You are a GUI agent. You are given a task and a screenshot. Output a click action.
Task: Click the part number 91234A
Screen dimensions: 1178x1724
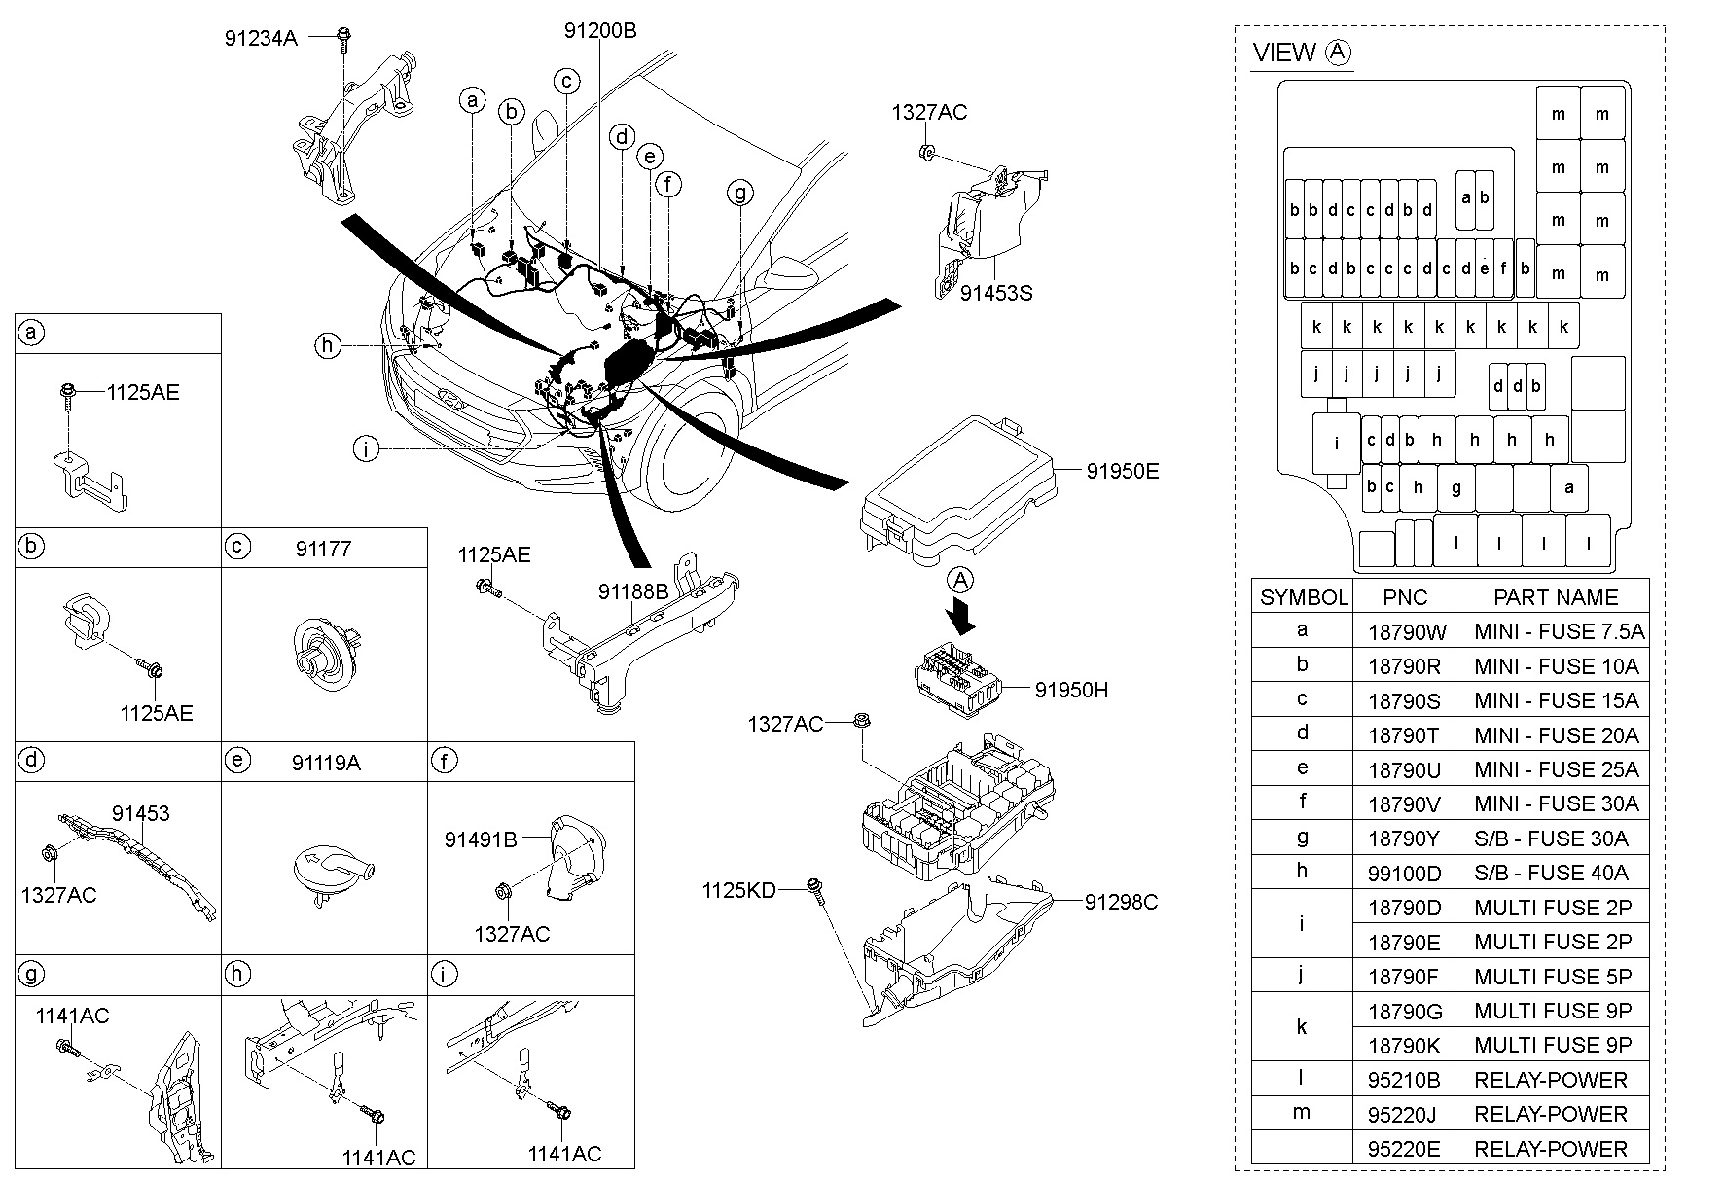260,38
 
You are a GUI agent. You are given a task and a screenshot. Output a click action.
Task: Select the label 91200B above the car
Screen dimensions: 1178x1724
599,31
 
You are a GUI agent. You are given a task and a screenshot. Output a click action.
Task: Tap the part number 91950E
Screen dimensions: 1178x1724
1122,471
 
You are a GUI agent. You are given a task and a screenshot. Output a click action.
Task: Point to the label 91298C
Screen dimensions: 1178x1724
1121,902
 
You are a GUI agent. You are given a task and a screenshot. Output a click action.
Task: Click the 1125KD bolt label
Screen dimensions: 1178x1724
738,890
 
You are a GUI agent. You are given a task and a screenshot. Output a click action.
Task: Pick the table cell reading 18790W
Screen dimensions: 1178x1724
1407,632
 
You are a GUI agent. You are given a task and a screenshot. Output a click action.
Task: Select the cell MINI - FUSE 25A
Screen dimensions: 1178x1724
1556,769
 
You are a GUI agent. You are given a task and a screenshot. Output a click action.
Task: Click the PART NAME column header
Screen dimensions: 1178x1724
1556,597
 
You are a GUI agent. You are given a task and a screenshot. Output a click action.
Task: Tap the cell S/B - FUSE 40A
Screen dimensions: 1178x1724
1551,873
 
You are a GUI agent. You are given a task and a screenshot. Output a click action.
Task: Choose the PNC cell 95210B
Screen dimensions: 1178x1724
1404,1080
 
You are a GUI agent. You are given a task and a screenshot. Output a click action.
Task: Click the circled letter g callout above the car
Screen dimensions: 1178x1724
740,194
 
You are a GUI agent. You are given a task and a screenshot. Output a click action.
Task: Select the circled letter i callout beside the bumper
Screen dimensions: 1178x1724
366,449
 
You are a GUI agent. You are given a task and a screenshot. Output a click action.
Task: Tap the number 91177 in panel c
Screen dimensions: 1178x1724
323,549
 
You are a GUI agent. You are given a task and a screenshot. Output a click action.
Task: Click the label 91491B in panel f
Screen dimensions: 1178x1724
481,839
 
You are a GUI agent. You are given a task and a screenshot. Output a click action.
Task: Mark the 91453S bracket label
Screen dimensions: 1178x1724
995,292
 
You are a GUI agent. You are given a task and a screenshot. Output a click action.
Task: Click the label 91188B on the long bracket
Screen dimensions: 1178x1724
632,591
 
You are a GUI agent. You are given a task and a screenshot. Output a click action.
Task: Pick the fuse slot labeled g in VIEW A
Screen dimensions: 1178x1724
1455,488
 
